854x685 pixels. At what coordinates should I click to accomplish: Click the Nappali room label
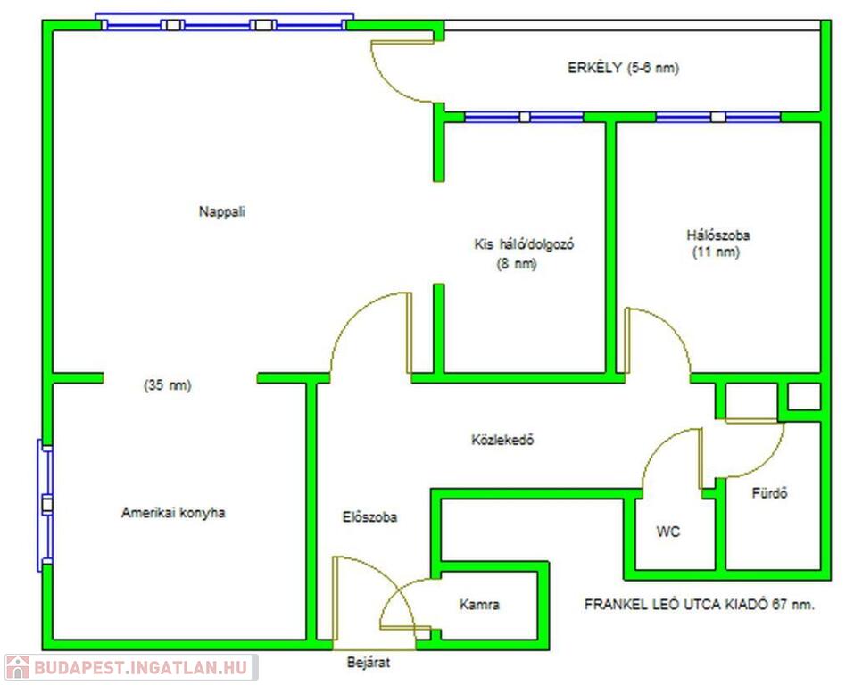coord(222,212)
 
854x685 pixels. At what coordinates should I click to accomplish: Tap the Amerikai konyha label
coord(173,513)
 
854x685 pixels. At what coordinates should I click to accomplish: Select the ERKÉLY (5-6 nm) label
coord(623,68)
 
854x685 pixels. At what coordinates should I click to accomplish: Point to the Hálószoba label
coord(717,235)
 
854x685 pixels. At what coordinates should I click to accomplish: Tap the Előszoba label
coord(369,516)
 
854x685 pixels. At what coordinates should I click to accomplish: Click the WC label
coord(668,532)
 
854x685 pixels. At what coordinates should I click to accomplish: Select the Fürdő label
coord(769,493)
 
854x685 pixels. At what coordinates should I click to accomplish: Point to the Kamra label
coord(479,605)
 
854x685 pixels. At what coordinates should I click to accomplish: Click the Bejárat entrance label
coord(369,664)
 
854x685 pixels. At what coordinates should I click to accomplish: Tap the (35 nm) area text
coord(168,386)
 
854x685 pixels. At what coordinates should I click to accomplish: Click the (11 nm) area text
coord(717,252)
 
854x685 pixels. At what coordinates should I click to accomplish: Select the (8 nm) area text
coord(517,264)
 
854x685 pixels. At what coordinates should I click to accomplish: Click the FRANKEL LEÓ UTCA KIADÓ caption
coord(699,604)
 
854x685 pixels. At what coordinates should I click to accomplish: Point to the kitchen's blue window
coord(45,505)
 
